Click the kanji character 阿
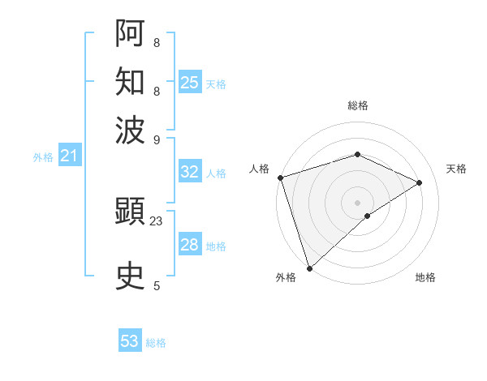click(x=131, y=34)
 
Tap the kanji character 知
click(x=131, y=81)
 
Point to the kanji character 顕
click(x=131, y=213)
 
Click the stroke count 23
click(x=156, y=220)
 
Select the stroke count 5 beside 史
click(x=156, y=285)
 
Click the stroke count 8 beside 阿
click(x=156, y=42)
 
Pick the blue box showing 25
click(x=190, y=83)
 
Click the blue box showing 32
click(x=189, y=172)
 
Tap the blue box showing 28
click(x=189, y=245)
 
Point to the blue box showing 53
click(x=130, y=341)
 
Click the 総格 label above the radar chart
click(x=357, y=105)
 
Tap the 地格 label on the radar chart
click(x=425, y=278)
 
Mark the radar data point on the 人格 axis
click(x=279, y=178)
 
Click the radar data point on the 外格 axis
click(x=309, y=268)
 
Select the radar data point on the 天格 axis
click(x=420, y=182)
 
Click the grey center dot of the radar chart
click(x=357, y=202)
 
